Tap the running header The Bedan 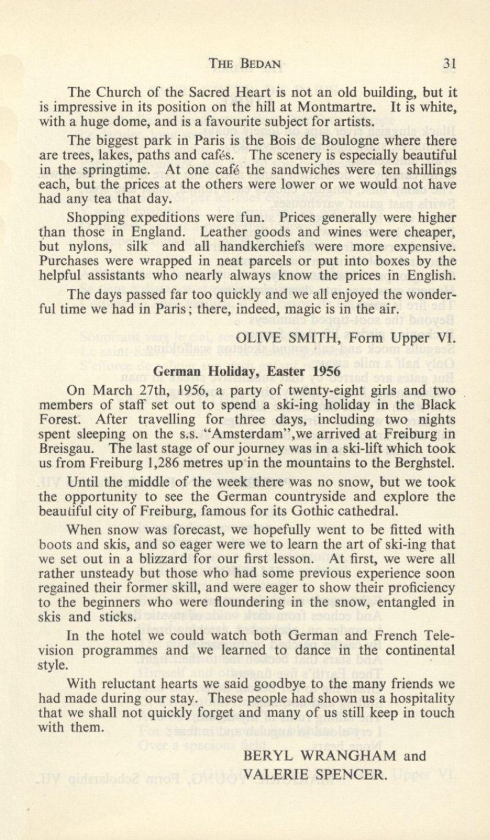click(x=246, y=64)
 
